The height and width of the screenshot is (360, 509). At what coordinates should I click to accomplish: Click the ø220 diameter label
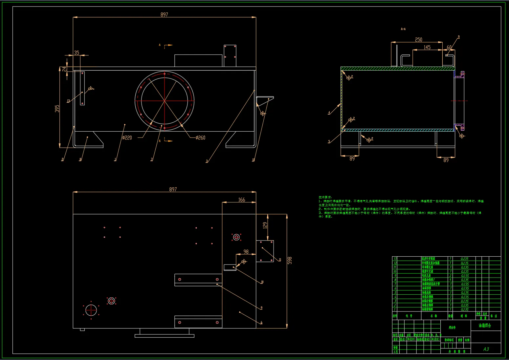(127, 138)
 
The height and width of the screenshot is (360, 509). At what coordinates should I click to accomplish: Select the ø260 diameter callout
(200, 138)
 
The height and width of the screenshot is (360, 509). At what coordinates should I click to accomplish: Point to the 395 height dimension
(57, 109)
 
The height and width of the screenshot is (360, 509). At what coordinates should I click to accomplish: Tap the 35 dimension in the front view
(77, 53)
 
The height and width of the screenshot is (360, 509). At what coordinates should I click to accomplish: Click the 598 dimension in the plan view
(289, 260)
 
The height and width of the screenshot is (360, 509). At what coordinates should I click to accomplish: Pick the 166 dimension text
(241, 200)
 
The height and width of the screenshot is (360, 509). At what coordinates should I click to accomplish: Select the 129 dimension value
(265, 225)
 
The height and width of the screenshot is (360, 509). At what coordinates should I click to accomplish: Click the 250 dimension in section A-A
(418, 40)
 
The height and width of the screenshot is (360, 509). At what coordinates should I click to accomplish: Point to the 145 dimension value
(427, 47)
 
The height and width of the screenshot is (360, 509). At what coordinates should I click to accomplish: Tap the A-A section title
(403, 29)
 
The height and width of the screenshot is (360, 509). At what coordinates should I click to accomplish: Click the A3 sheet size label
(486, 349)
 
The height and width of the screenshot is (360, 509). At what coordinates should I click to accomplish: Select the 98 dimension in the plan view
(246, 252)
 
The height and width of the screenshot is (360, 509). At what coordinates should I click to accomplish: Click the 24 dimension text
(64, 69)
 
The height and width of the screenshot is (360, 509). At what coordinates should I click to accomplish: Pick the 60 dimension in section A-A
(449, 47)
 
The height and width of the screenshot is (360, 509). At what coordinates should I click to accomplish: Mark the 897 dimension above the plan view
(173, 189)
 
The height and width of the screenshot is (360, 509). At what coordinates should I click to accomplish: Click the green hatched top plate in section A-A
(397, 69)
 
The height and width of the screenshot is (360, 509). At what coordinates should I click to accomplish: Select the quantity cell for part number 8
(450, 280)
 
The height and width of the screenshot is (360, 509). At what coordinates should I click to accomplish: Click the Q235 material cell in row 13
(464, 259)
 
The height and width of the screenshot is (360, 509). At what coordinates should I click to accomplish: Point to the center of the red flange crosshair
(165, 100)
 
